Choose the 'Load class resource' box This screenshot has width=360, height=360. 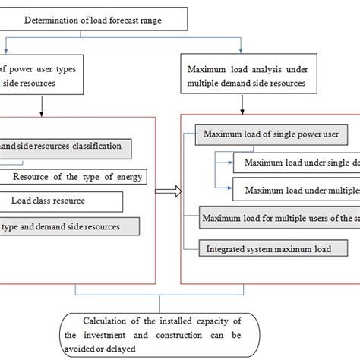pyautogui.click(x=61, y=201)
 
